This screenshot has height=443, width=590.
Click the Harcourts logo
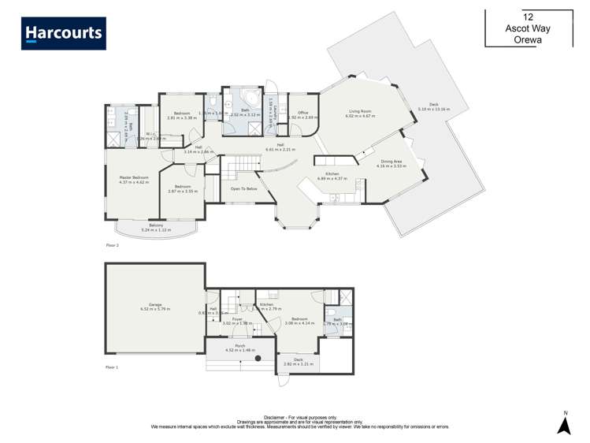[x=64, y=34]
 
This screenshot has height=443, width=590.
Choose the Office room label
[x=302, y=113]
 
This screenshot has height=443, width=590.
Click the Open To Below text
[x=243, y=189]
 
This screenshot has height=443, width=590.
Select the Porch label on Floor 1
[x=240, y=345]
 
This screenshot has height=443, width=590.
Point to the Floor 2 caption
[x=112, y=246]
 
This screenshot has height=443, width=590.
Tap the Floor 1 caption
[x=112, y=367]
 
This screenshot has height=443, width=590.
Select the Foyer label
[x=236, y=319]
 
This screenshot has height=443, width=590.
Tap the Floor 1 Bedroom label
[x=299, y=319]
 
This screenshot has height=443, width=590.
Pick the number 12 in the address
[x=528, y=15]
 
